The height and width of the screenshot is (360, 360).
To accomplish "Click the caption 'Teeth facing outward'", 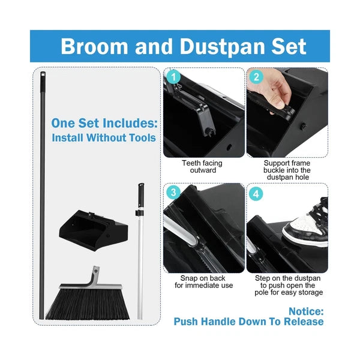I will [202, 167].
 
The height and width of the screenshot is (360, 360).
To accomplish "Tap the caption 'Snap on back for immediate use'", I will [203, 281].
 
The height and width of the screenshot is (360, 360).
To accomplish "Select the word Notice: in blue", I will [305, 311].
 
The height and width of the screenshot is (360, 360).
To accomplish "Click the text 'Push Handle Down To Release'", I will [248, 322].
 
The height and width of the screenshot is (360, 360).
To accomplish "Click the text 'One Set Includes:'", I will [104, 123].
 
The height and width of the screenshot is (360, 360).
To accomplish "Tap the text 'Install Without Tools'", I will [104, 138].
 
